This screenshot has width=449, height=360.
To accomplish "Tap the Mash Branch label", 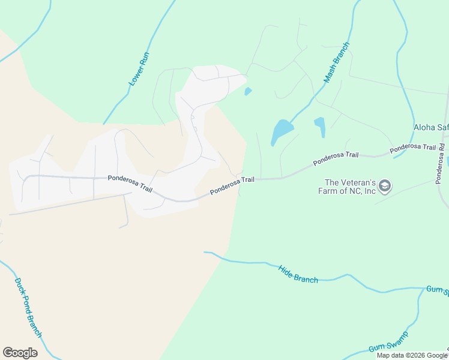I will (x=336, y=62).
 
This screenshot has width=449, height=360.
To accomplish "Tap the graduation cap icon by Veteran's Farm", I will (x=385, y=187).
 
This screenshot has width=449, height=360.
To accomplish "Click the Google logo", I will (x=20, y=352).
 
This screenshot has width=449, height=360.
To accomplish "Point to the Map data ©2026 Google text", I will (x=412, y=355).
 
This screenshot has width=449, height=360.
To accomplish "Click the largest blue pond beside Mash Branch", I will (x=282, y=130).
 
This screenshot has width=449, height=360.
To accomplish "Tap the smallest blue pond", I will (x=247, y=92).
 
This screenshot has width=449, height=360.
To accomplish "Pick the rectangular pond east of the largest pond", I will (x=319, y=126).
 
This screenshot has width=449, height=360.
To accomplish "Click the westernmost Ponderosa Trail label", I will (x=130, y=183).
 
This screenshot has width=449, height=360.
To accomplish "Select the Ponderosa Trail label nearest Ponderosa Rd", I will (x=412, y=148).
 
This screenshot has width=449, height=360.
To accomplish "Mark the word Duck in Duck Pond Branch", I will (x=18, y=284).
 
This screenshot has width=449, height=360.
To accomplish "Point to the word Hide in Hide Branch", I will (x=285, y=269).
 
